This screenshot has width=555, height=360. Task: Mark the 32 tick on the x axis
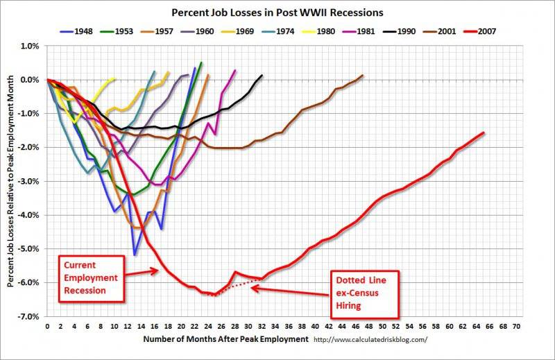click(x=262, y=325)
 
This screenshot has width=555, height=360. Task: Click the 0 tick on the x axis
click(x=47, y=325)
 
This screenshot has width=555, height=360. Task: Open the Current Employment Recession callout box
click(x=89, y=277)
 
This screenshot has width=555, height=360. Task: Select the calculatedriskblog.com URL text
click(x=371, y=339)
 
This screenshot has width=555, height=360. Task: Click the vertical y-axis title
click(x=11, y=180)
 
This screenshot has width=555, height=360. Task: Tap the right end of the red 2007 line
click(x=484, y=132)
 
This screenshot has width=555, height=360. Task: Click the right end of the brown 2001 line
click(x=362, y=75)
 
